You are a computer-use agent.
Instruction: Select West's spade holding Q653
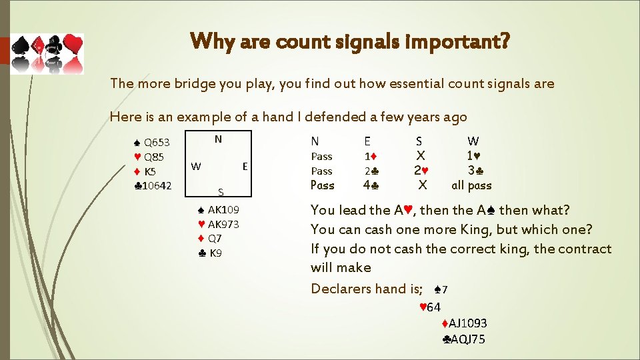click(x=152, y=142)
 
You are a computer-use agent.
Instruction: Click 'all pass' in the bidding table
click(x=471, y=186)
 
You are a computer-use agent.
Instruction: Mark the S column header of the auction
click(x=419, y=141)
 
